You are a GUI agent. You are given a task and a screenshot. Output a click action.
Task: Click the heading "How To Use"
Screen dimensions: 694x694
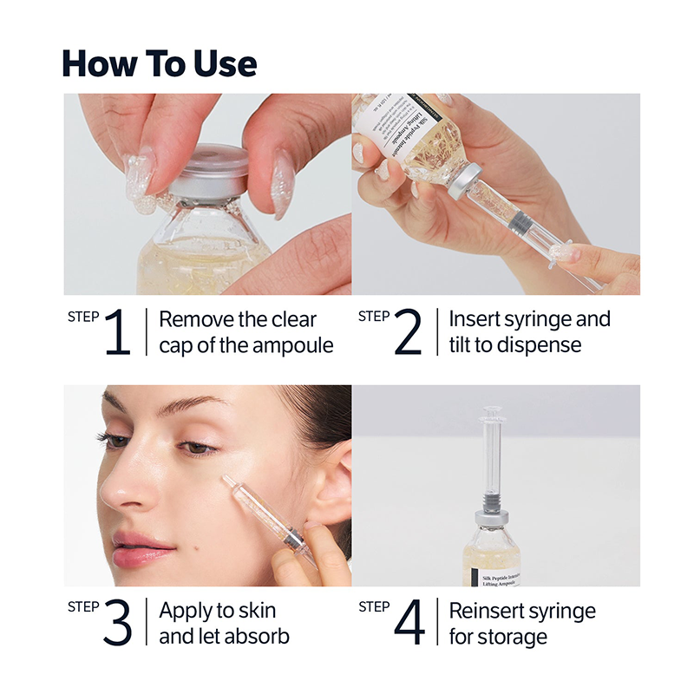pos(160,63)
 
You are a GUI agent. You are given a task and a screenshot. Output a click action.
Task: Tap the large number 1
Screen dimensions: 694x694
pos(117,332)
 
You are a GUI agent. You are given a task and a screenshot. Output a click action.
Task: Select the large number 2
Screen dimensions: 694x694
pos(408,332)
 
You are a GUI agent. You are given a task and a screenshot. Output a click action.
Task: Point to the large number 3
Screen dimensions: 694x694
pos(117,623)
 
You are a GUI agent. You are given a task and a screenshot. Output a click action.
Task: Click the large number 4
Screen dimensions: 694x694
pos(409,623)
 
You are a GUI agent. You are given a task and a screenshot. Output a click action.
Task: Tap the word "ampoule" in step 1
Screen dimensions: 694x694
pos(292,345)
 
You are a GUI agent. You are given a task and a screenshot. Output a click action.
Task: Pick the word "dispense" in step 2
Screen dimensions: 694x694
pos(538,345)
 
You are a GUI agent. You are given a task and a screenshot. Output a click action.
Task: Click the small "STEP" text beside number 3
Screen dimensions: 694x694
pos(83,606)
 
